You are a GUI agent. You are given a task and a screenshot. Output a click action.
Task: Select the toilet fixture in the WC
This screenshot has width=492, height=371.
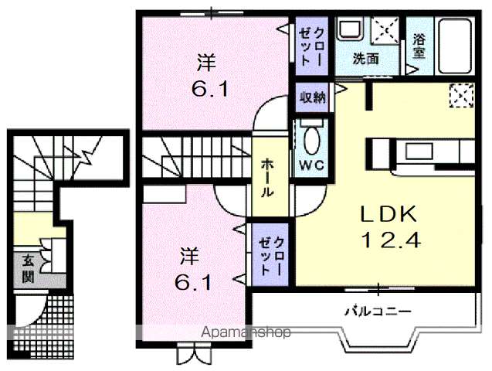(x=311, y=141)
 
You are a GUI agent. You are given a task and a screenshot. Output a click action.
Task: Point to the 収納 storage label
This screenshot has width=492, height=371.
(x=313, y=98)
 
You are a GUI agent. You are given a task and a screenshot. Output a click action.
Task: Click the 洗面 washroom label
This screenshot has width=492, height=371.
(x=365, y=59)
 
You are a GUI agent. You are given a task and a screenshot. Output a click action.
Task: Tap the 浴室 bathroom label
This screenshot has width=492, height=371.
(x=419, y=46)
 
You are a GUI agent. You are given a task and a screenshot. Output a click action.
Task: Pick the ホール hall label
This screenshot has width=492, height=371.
(x=266, y=179)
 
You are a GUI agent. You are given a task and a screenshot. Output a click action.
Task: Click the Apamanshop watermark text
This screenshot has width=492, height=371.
(x=246, y=333)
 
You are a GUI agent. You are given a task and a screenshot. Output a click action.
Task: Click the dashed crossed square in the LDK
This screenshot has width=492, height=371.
(x=463, y=96)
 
